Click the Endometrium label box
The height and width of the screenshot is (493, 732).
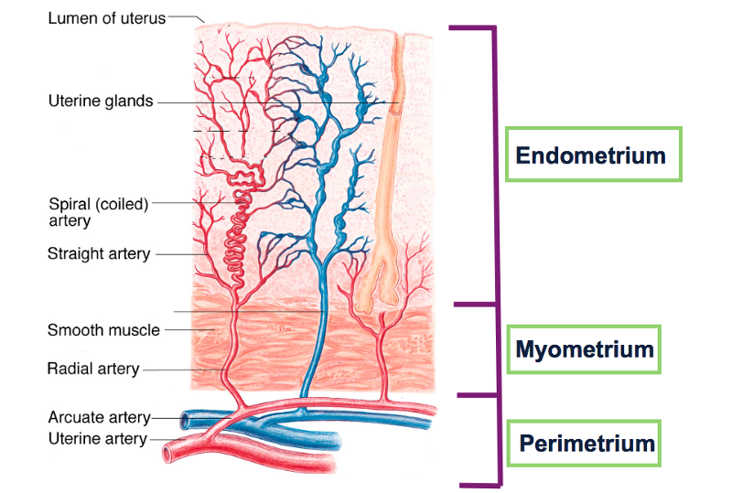pos(592,155)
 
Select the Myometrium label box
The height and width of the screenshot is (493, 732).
pos(586,348)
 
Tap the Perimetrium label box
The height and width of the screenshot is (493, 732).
pos(587,445)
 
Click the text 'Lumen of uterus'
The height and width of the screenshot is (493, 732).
pos(106,17)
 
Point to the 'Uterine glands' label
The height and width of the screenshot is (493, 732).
pos(101,102)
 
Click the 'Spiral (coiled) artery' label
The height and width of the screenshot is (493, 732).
pos(97,212)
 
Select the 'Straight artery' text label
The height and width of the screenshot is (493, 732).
pos(99,253)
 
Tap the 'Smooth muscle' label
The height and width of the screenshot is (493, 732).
pos(103,329)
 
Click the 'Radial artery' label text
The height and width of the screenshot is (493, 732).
pos(93,370)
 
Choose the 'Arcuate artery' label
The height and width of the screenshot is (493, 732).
pos(99,418)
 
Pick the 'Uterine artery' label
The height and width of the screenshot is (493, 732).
pos(97,439)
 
